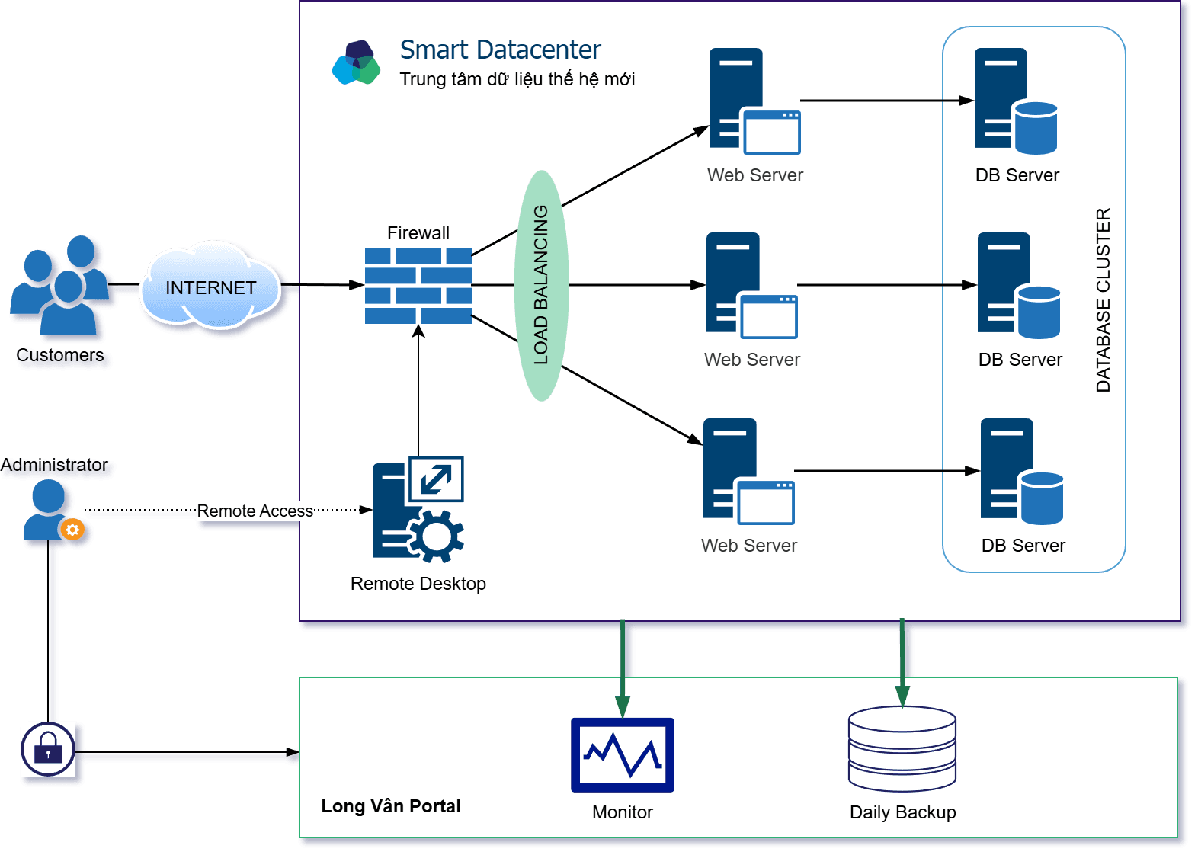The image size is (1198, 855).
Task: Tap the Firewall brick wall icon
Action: (x=418, y=286)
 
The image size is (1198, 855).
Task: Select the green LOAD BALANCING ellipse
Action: (x=541, y=286)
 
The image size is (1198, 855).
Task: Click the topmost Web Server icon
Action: (x=753, y=101)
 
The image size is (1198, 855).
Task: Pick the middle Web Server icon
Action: (x=750, y=286)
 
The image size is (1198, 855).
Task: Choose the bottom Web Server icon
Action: (x=747, y=472)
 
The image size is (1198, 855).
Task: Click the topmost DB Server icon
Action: (x=1014, y=101)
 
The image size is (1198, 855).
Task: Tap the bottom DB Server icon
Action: (x=1020, y=472)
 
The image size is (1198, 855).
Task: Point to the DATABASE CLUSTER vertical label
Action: (x=1103, y=300)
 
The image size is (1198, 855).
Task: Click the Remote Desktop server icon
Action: (x=417, y=510)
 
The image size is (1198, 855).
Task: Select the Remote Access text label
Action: (x=255, y=511)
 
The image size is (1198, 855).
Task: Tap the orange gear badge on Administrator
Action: (x=72, y=530)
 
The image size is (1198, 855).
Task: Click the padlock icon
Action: (x=48, y=749)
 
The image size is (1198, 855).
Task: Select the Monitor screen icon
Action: (x=622, y=755)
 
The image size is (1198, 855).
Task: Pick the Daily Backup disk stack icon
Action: (x=902, y=749)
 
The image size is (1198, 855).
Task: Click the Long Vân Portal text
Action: (x=390, y=806)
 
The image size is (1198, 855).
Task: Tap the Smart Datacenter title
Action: (x=500, y=50)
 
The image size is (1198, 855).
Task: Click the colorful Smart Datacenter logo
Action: (x=356, y=62)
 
